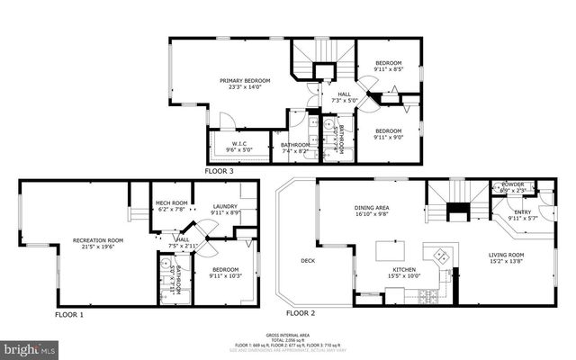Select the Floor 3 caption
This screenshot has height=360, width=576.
point(220,170)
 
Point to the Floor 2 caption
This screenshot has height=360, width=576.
point(301,313)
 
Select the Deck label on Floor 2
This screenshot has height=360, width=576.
point(307,262)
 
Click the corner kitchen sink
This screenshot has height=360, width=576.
point(440,254)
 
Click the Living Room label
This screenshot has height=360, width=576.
point(506,258)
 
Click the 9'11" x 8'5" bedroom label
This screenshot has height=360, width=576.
point(389,65)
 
